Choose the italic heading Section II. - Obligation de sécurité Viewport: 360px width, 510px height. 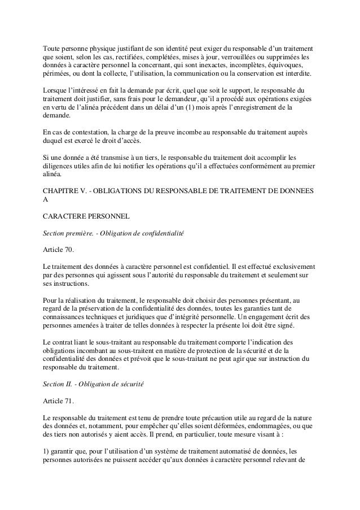point(94,384)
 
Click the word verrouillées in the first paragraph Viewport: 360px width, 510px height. point(240,57)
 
